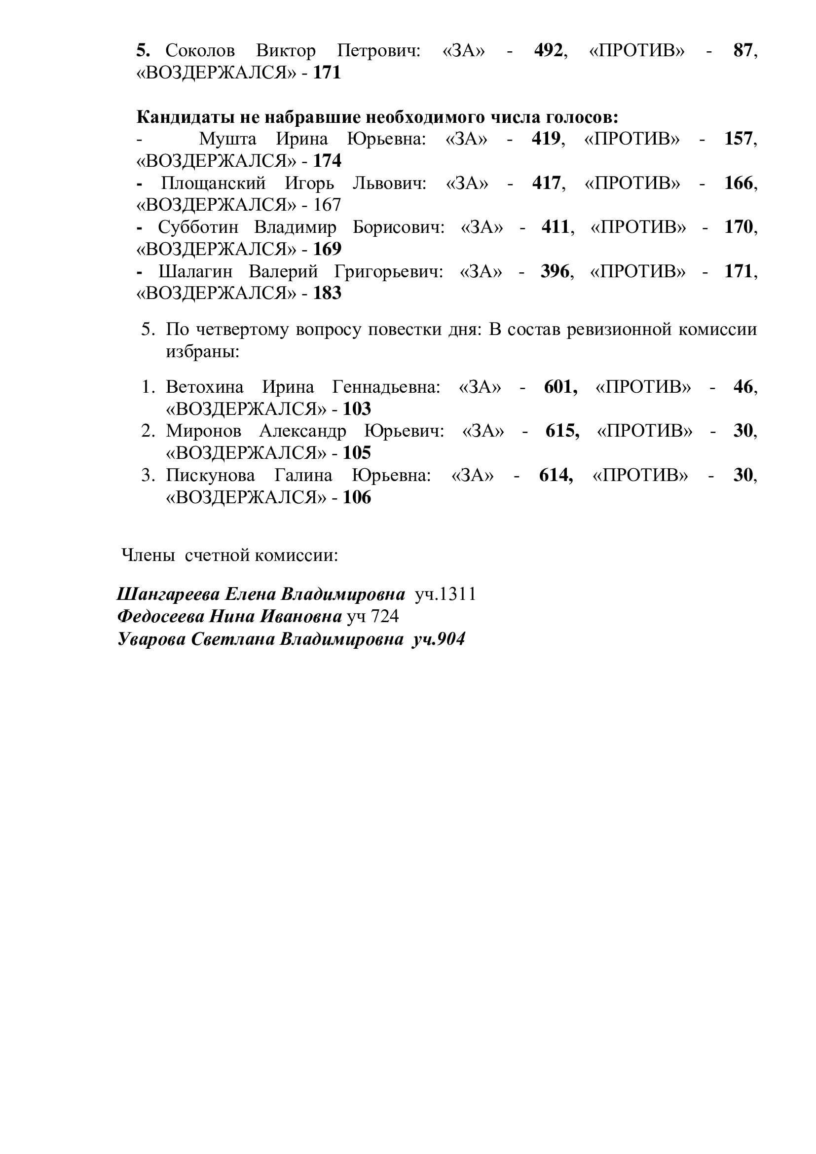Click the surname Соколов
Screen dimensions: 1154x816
point(200,51)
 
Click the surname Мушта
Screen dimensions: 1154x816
point(227,139)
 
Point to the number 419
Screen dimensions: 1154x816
point(546,139)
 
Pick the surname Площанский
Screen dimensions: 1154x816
point(213,184)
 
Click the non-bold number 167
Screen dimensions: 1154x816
point(327,205)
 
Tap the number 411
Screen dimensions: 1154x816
point(555,227)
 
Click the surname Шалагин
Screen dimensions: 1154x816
point(195,272)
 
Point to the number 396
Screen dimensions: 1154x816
point(555,272)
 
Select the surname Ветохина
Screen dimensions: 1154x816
point(205,387)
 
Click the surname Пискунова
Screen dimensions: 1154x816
point(211,476)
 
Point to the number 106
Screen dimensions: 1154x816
point(357,498)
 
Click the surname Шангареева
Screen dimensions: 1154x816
point(168,595)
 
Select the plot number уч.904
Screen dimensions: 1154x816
point(439,639)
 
